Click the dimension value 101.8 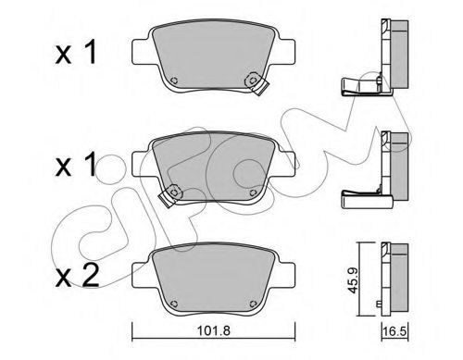214,331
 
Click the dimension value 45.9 352,280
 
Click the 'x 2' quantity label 78,276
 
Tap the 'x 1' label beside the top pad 76,54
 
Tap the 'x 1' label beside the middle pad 76,166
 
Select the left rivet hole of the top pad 174,81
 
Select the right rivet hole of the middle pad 253,192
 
